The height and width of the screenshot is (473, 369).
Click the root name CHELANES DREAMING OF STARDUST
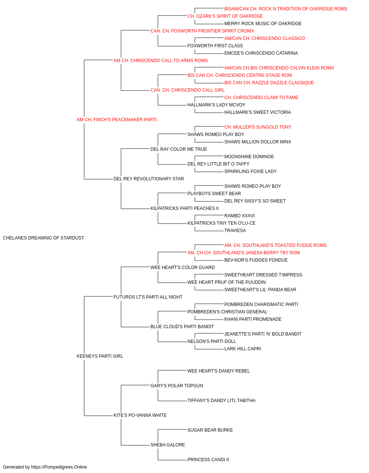44,238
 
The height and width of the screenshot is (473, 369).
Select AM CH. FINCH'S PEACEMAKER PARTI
117,120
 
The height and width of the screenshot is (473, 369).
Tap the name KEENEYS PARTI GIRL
100,356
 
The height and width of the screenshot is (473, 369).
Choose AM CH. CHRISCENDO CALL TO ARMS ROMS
161,61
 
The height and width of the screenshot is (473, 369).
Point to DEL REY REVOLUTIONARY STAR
149,179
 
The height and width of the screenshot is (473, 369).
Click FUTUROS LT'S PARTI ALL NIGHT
148,297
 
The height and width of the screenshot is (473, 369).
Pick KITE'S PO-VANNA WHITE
140,415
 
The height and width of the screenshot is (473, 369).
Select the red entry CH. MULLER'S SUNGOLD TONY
258,127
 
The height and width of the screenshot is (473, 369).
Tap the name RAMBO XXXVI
239,216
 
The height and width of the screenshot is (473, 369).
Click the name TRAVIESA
235,231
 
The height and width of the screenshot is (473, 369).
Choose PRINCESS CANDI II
208,459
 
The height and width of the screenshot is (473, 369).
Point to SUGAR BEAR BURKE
210,430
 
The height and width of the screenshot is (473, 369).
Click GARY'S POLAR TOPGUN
177,386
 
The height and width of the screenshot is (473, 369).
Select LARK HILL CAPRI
242,349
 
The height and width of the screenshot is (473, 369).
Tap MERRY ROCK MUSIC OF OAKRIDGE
263,24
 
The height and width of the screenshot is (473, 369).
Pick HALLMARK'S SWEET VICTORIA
258,112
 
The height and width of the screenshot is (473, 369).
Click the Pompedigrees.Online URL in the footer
59,467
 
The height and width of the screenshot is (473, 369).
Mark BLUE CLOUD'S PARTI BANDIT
182,327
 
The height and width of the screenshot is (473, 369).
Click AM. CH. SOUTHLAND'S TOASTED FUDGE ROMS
275,245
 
